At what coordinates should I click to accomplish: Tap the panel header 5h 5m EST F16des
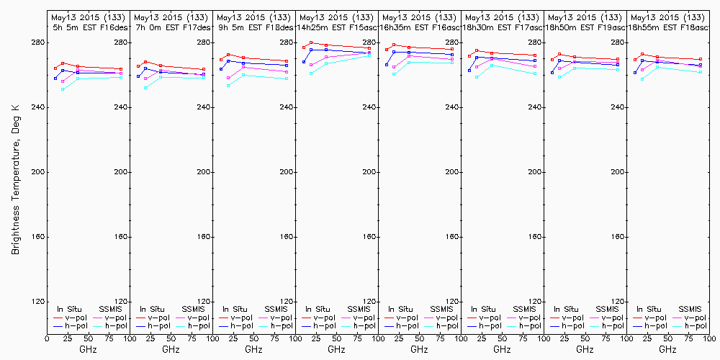coord(88,27)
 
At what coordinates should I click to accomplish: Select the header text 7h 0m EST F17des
coord(171,27)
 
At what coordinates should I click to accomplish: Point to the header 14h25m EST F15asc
coord(337,27)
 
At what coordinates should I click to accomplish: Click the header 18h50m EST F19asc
coord(585,27)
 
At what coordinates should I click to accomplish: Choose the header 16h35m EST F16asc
coord(420,27)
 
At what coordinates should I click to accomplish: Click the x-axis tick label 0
coord(47,338)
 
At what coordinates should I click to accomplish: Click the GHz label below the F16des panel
coord(88,349)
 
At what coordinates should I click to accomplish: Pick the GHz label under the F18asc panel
coord(667,349)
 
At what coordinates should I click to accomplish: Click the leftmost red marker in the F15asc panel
coord(304,48)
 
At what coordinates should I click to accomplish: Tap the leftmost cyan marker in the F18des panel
coord(228,86)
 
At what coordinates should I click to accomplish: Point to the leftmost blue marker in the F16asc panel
coord(387,65)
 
